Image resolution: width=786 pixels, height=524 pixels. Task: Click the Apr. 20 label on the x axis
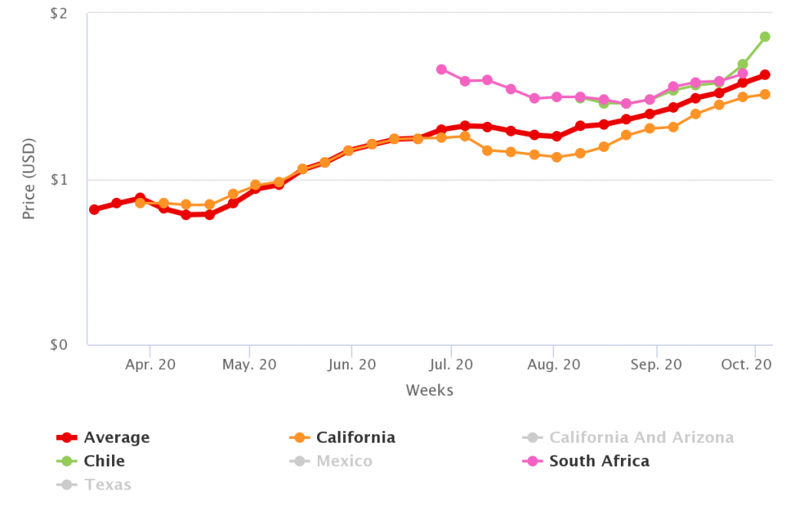coord(150,365)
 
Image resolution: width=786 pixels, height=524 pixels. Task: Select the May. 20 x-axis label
coord(249,365)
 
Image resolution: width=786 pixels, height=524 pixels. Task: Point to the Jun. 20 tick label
coord(351,365)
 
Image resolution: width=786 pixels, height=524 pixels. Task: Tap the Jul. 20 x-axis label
coord(451,365)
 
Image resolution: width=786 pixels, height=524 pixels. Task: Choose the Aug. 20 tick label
coord(553,365)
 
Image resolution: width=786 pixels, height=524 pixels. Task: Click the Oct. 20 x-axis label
coord(746,365)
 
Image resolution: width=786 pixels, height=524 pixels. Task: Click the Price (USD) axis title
coord(29,180)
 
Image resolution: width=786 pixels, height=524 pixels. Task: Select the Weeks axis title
coord(429,391)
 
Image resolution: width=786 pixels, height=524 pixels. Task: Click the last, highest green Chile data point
coord(765,37)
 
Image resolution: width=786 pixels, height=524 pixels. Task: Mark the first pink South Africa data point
coord(441,70)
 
